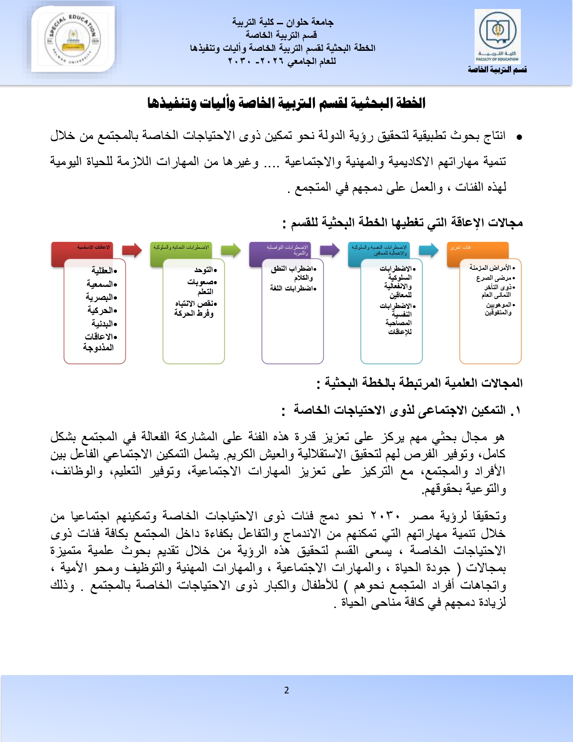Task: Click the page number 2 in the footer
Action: [x=287, y=690]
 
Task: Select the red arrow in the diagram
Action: [x=132, y=250]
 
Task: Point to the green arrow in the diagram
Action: [x=231, y=250]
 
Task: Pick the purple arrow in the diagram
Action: [x=329, y=250]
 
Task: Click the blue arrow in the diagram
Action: [x=428, y=250]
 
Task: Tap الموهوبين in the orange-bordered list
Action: [x=498, y=305]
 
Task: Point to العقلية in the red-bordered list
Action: [x=103, y=270]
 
